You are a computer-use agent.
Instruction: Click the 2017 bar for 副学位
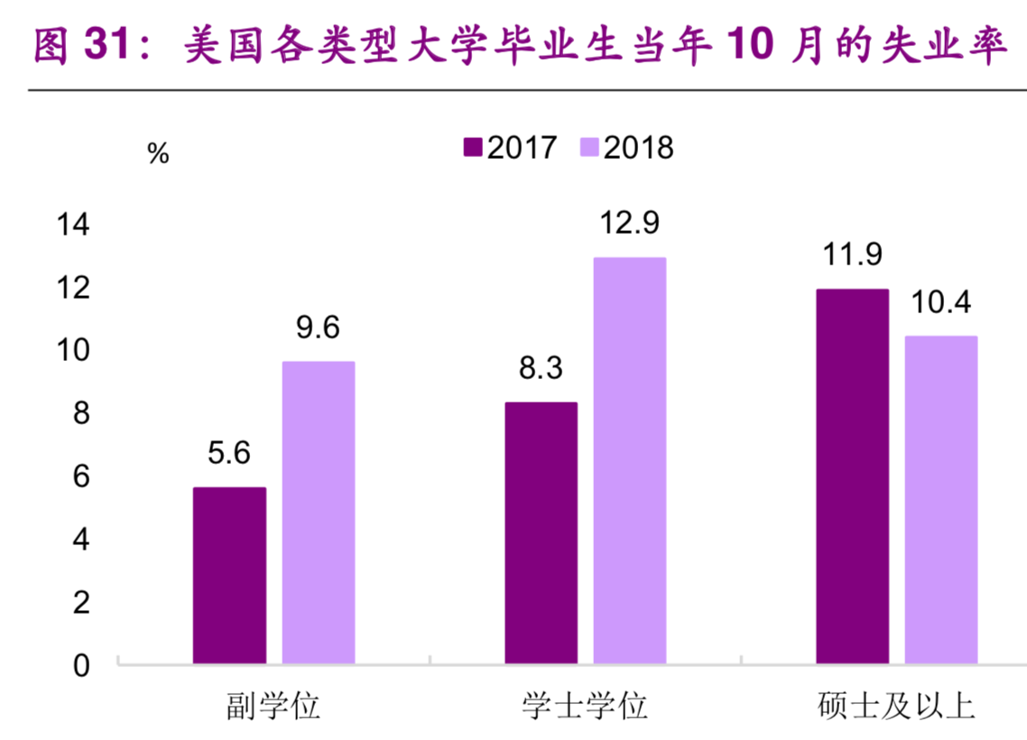229,577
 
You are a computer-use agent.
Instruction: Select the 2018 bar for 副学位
319,513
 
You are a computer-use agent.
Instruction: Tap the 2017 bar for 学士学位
541,533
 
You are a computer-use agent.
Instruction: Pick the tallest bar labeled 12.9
630,461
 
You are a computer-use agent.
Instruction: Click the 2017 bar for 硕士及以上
852,477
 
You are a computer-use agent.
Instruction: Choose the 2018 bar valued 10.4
941,501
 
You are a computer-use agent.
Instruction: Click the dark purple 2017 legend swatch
473,147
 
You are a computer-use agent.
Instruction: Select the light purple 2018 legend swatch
588,147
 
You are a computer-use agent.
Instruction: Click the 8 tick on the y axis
81,414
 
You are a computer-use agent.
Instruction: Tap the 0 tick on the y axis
81,666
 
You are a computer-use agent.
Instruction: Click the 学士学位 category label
585,705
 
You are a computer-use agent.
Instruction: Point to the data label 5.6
228,453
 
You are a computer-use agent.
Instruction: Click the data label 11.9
851,254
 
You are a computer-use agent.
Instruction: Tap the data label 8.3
540,368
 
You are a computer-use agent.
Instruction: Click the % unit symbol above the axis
158,154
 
